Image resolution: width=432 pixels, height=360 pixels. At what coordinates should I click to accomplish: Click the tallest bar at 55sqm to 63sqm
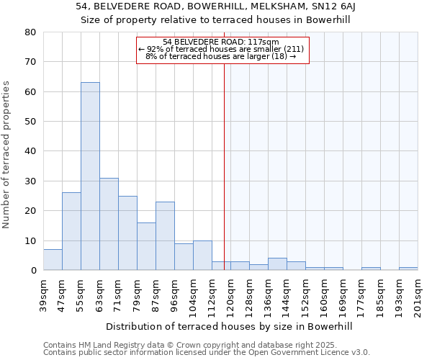coord(90,176)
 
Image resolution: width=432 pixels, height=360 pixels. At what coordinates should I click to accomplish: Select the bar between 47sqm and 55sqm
coord(71,231)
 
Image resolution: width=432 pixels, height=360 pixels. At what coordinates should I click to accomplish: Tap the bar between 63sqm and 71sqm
coord(109,224)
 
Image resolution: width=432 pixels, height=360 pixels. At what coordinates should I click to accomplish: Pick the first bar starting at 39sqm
coord(53,260)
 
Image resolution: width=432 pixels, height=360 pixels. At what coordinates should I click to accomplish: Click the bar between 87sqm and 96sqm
coord(165,236)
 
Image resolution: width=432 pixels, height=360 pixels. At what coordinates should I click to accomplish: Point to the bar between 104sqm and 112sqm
coord(202,256)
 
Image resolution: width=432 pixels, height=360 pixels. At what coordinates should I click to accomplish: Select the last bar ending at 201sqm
coord(408,269)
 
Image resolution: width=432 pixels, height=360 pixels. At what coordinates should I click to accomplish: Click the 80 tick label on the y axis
coord(30,32)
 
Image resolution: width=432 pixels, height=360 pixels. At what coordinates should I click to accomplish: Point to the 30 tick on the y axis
coord(30,181)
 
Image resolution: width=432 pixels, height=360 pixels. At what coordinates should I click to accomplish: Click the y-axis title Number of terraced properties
coord(6,155)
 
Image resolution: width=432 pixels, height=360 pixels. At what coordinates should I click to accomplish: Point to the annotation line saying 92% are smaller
coord(221,49)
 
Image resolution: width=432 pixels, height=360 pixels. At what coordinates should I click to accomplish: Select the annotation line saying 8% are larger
coord(221,56)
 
